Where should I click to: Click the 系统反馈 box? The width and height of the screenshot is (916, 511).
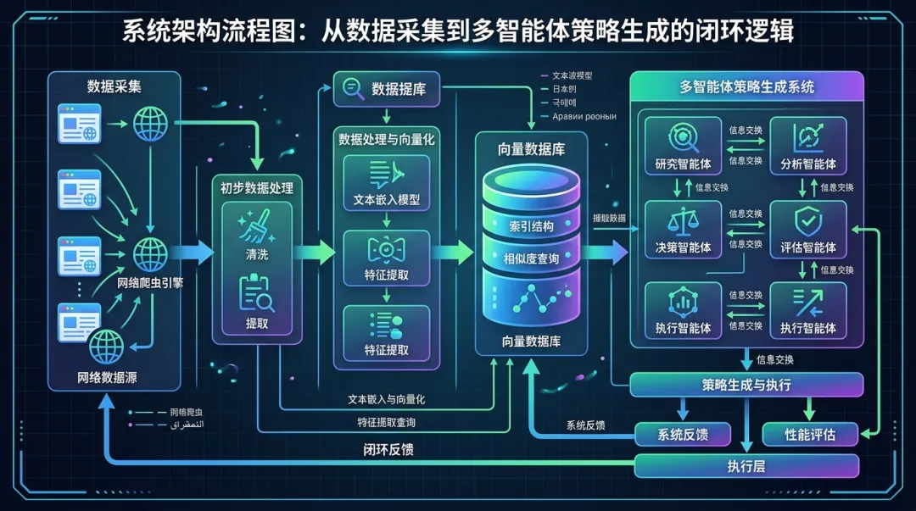point(683,435)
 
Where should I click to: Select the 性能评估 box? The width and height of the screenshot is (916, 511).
point(798,435)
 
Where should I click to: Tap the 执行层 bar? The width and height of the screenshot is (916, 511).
point(746,465)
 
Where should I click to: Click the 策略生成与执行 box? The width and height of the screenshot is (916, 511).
point(746,385)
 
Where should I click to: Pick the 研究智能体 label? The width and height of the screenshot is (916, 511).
point(683,164)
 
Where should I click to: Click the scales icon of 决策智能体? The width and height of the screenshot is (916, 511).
point(683,222)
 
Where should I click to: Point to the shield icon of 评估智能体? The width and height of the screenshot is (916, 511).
point(807,222)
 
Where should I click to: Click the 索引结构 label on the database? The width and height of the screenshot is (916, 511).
point(531,227)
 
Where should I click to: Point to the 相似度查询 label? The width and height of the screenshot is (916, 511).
point(531,257)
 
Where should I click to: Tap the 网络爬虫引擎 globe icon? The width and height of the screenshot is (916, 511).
point(151,252)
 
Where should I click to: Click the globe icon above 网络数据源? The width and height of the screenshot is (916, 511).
point(107,347)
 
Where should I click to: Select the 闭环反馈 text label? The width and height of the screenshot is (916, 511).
point(383,450)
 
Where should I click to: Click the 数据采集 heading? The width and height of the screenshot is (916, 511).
point(114,86)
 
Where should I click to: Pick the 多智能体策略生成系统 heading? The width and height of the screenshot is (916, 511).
point(746,86)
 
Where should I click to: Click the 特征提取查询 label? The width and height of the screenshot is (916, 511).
point(386,422)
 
